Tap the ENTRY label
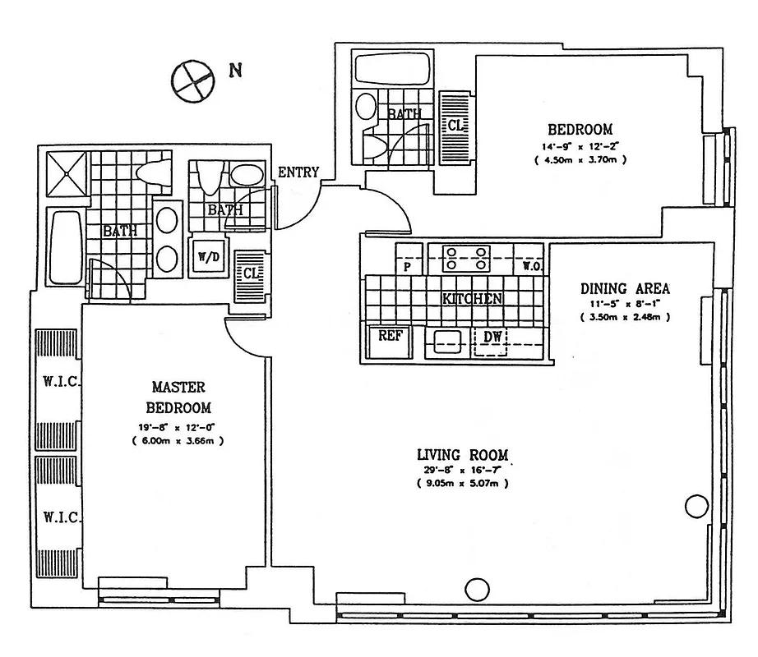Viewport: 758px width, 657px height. pos(298,172)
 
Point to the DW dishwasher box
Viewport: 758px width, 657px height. pos(491,337)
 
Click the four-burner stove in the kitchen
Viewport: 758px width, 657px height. pos(466,257)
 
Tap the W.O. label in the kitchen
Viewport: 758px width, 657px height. pos(529,267)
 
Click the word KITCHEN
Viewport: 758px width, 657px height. pos(472,299)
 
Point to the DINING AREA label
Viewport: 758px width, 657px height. pos(625,288)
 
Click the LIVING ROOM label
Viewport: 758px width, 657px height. pos(462,455)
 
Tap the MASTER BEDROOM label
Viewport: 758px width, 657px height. pos(178,397)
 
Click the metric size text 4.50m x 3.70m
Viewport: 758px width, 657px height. pos(580,159)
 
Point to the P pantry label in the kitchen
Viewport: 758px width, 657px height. pos(407,267)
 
